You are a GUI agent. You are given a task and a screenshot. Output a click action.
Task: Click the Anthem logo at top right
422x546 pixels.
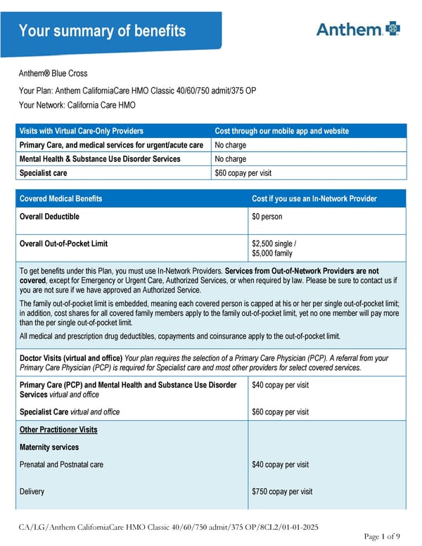click(x=358, y=29)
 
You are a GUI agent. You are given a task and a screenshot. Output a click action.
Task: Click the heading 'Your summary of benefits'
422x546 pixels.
click(x=102, y=31)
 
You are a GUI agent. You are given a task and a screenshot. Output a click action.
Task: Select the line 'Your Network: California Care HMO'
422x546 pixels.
click(x=77, y=106)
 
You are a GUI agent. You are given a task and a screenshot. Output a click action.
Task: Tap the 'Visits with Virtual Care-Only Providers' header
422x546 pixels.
click(x=82, y=131)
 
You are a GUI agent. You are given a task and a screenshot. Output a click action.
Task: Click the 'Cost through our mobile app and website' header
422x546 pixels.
click(x=281, y=131)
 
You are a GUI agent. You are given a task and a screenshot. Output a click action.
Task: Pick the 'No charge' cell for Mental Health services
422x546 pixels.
click(x=230, y=159)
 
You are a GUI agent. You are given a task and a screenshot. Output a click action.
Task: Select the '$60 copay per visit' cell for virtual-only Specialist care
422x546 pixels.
click(x=243, y=172)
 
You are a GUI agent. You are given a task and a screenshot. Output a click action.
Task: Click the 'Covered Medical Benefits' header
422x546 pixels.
click(x=60, y=198)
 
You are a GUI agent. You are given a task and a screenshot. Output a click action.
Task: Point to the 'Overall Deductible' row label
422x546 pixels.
click(x=49, y=217)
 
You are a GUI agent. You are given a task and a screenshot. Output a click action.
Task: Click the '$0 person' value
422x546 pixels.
click(x=267, y=217)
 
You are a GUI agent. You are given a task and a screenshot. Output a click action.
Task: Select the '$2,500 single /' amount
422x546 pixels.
click(x=274, y=243)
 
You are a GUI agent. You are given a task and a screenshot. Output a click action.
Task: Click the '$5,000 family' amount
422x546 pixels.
click(x=272, y=253)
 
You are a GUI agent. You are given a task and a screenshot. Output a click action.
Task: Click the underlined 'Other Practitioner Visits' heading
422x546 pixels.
click(x=58, y=429)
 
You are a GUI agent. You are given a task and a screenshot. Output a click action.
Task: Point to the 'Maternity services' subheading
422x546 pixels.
click(x=49, y=447)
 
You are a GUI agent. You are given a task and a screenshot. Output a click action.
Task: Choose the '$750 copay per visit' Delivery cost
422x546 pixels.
click(x=282, y=492)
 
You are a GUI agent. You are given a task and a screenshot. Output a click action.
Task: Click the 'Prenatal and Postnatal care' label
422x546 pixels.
click(x=62, y=464)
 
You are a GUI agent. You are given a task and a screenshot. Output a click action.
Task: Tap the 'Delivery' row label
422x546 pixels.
click(x=32, y=492)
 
